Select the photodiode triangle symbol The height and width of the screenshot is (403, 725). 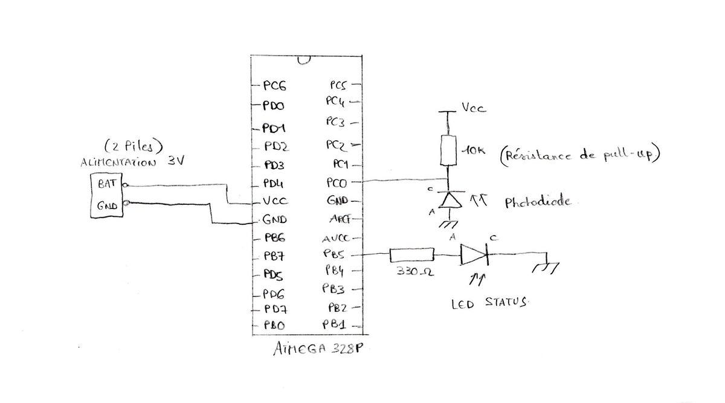448,200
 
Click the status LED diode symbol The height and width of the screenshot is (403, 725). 474,255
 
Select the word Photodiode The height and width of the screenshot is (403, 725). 536,202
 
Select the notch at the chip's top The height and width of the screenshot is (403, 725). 304,60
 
